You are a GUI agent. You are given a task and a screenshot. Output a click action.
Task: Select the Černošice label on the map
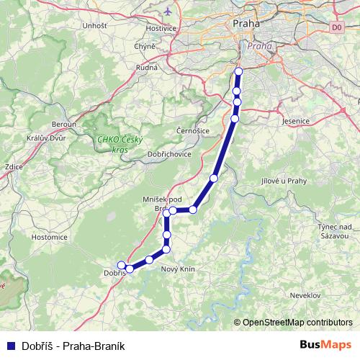tap(192, 130)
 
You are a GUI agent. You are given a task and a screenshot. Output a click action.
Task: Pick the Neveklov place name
tap(305, 295)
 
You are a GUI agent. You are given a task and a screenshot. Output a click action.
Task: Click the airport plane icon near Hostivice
tap(168, 12)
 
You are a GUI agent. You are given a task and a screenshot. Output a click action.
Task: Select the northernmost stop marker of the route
tap(238, 71)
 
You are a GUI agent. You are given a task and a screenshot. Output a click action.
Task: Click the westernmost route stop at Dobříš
tap(121, 264)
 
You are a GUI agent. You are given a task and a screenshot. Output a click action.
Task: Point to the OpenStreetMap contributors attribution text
tap(297, 323)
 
